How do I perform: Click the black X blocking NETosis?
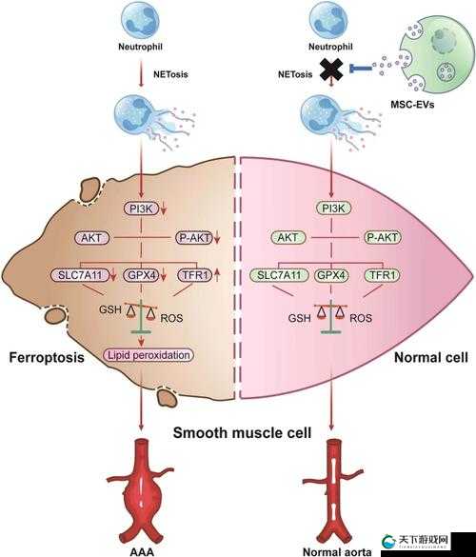pyautogui.click(x=331, y=70)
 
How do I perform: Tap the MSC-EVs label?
pyautogui.click(x=412, y=105)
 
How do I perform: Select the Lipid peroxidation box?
pyautogui.click(x=149, y=355)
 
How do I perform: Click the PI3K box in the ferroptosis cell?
pyautogui.click(x=141, y=209)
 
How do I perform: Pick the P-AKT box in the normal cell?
pyautogui.click(x=383, y=237)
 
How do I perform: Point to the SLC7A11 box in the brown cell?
pyautogui.click(x=80, y=275)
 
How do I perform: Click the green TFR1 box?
pyautogui.click(x=383, y=275)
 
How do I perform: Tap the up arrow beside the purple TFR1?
pyautogui.click(x=217, y=275)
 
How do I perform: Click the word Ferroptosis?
pyautogui.click(x=47, y=357)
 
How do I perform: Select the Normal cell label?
pyautogui.click(x=431, y=357)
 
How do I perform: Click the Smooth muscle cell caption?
pyautogui.click(x=242, y=432)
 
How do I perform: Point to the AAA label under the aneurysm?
pyautogui.click(x=142, y=551)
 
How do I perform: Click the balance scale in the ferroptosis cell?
pyautogui.click(x=141, y=316)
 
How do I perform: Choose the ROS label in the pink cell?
pyautogui.click(x=361, y=318)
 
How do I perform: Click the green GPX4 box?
pyautogui.click(x=331, y=275)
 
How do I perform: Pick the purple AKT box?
pyautogui.click(x=91, y=237)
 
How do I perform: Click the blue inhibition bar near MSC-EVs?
pyautogui.click(x=361, y=68)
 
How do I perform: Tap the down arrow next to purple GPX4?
pyautogui.click(x=164, y=275)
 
